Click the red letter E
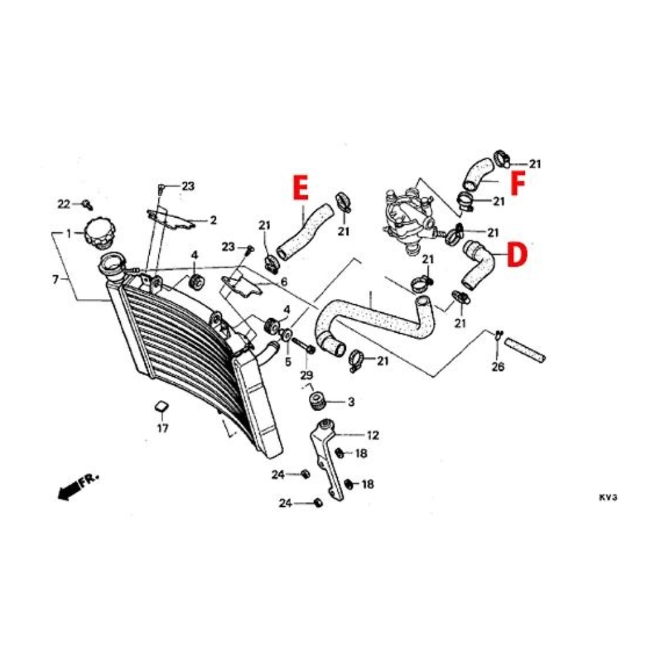(x=301, y=187)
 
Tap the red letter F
(x=517, y=184)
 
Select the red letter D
(x=517, y=255)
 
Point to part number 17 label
(x=163, y=428)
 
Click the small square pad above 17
(x=162, y=407)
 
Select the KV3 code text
(x=608, y=498)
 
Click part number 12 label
(x=373, y=435)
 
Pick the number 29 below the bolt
(x=306, y=375)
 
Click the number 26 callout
(x=498, y=366)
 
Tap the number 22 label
(x=63, y=204)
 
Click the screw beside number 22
(x=88, y=205)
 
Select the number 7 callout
(x=55, y=279)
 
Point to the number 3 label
(x=351, y=402)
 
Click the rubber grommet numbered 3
(x=317, y=400)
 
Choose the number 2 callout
(x=213, y=220)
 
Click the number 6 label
(x=284, y=282)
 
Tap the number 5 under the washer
(x=288, y=362)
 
